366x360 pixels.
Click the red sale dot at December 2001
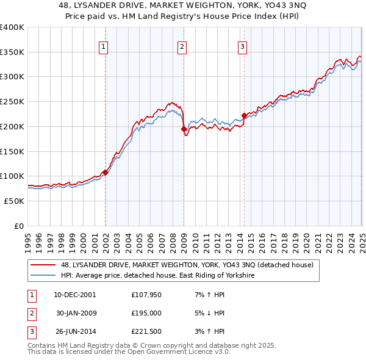[105, 172]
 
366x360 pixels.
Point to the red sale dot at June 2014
[244, 115]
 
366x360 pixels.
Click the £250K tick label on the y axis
[12, 101]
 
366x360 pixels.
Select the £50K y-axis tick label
[15, 201]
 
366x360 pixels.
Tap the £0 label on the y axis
[19, 226]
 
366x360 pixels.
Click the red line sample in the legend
[43, 265]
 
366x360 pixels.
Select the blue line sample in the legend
[43, 276]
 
